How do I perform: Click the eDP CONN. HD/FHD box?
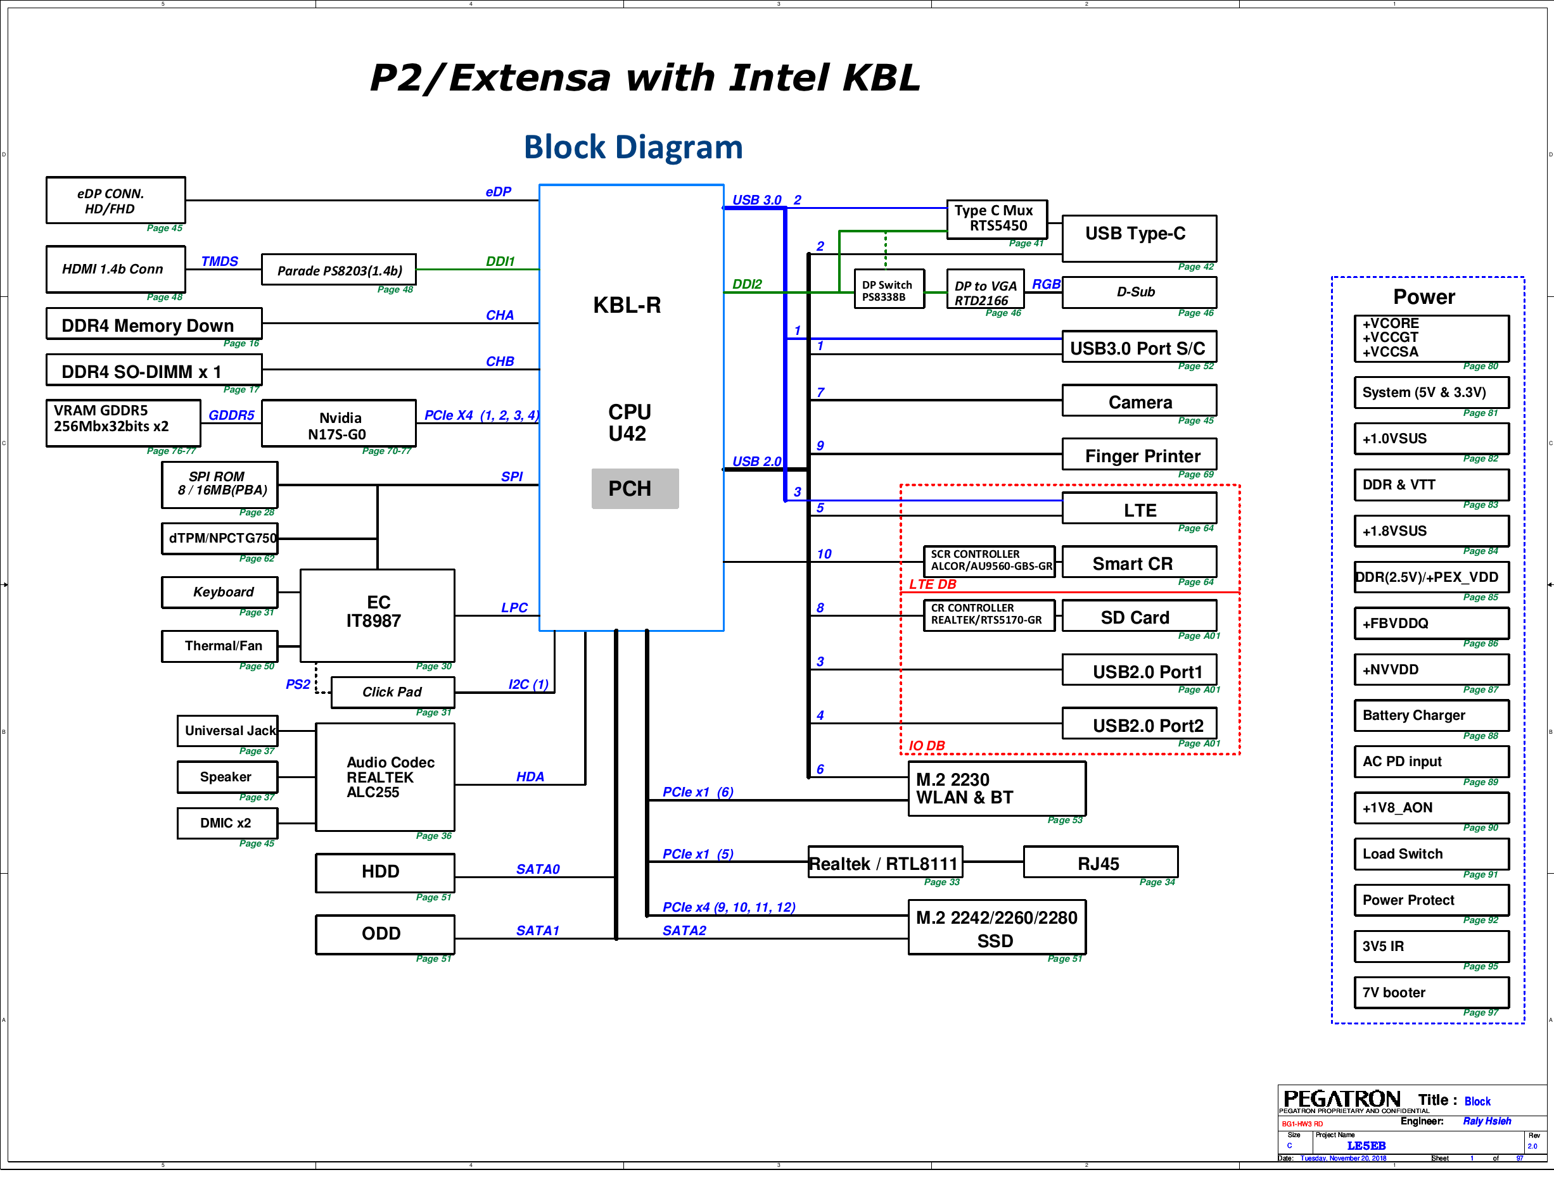115,200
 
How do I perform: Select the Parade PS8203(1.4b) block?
339,270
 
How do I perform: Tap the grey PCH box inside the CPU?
634,488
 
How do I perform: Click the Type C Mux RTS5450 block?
996,218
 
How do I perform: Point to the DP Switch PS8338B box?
888,290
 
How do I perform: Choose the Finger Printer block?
1139,455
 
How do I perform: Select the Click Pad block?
392,692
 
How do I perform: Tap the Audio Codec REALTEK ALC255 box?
385,777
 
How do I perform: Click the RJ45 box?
1100,862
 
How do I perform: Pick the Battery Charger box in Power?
1430,715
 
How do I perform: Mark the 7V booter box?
1430,991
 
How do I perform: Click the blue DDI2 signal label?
747,284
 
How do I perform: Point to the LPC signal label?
514,607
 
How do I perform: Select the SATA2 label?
684,931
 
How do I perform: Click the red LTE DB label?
933,584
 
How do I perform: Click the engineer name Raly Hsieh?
1487,1121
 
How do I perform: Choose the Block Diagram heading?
633,148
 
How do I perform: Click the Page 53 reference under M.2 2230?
1064,819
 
